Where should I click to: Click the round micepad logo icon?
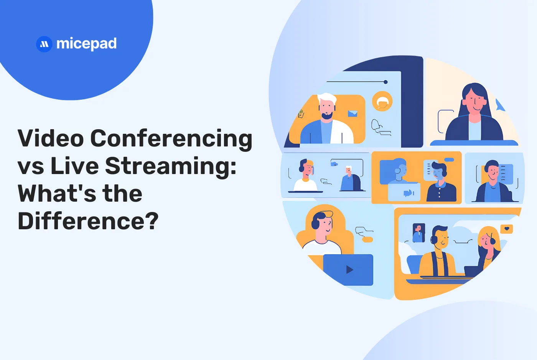[x=44, y=44]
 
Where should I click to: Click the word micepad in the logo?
[x=86, y=44]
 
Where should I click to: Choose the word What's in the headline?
[x=56, y=193]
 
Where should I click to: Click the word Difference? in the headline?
[x=88, y=221]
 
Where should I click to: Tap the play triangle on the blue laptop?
[x=349, y=270]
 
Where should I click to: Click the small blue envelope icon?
[x=352, y=113]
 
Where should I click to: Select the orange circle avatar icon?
[x=382, y=102]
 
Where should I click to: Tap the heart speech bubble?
[x=507, y=229]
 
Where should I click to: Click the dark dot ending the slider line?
[x=385, y=82]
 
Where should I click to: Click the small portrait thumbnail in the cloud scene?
[x=418, y=232]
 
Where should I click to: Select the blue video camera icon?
[x=408, y=193]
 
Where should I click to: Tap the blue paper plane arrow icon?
[x=499, y=105]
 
